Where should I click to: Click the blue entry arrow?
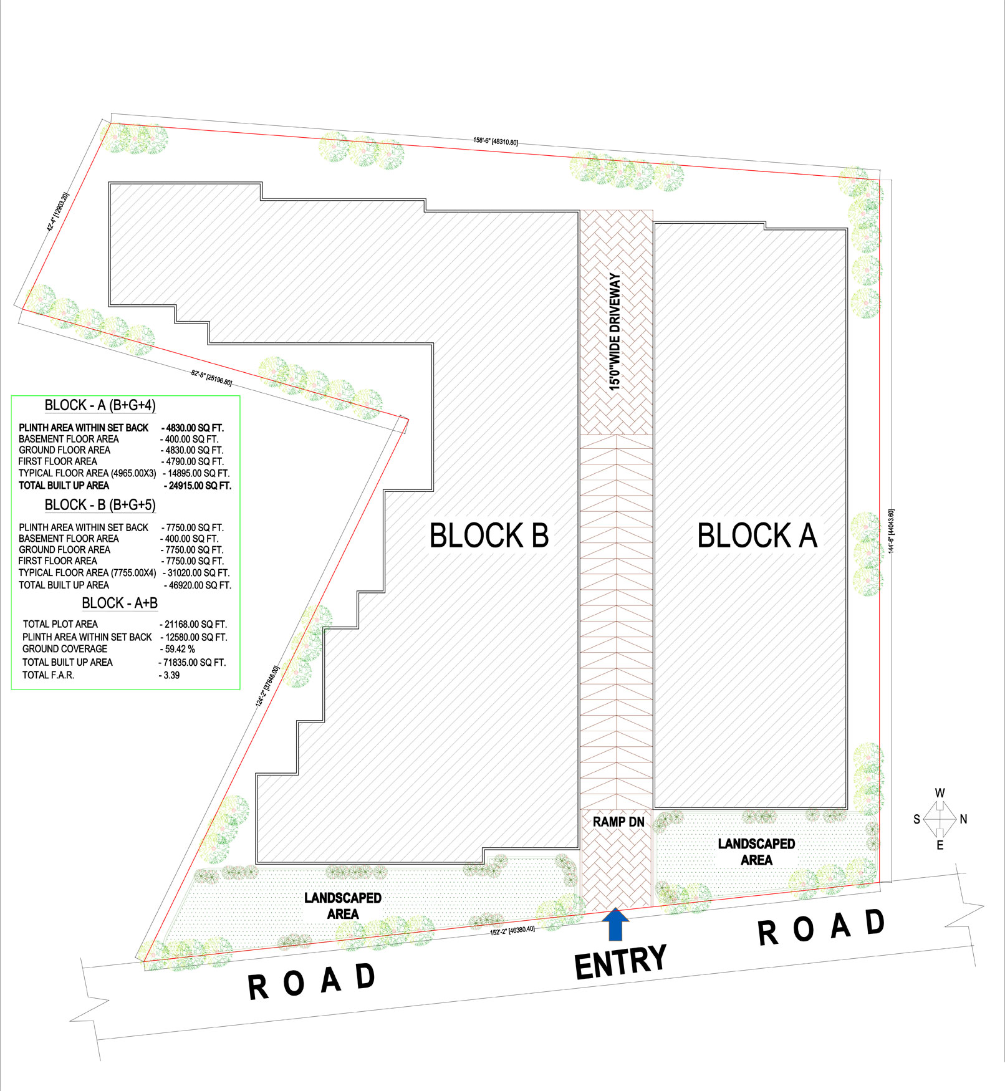pos(616,924)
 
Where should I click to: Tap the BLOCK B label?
pos(489,536)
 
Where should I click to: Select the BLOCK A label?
pos(757,536)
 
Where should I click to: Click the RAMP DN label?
pos(618,822)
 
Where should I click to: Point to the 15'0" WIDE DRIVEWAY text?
pos(615,332)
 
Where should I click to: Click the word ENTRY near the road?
pos(620,962)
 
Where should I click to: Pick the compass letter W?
pos(940,793)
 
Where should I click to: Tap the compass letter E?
pos(940,845)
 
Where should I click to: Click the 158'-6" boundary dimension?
pos(496,141)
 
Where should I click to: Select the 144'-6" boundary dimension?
pos(892,531)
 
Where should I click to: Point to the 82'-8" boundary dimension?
pos(211,378)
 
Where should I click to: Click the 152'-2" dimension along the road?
pos(512,931)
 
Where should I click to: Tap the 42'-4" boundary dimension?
pos(58,212)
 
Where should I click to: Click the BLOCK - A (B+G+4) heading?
pos(100,405)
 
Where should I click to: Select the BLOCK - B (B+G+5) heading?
pos(100,504)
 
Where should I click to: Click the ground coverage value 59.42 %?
pos(178,649)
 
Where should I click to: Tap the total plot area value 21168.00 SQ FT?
pos(193,624)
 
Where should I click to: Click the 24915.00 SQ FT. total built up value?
pos(197,486)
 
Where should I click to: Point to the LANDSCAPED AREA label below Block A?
pos(756,852)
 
